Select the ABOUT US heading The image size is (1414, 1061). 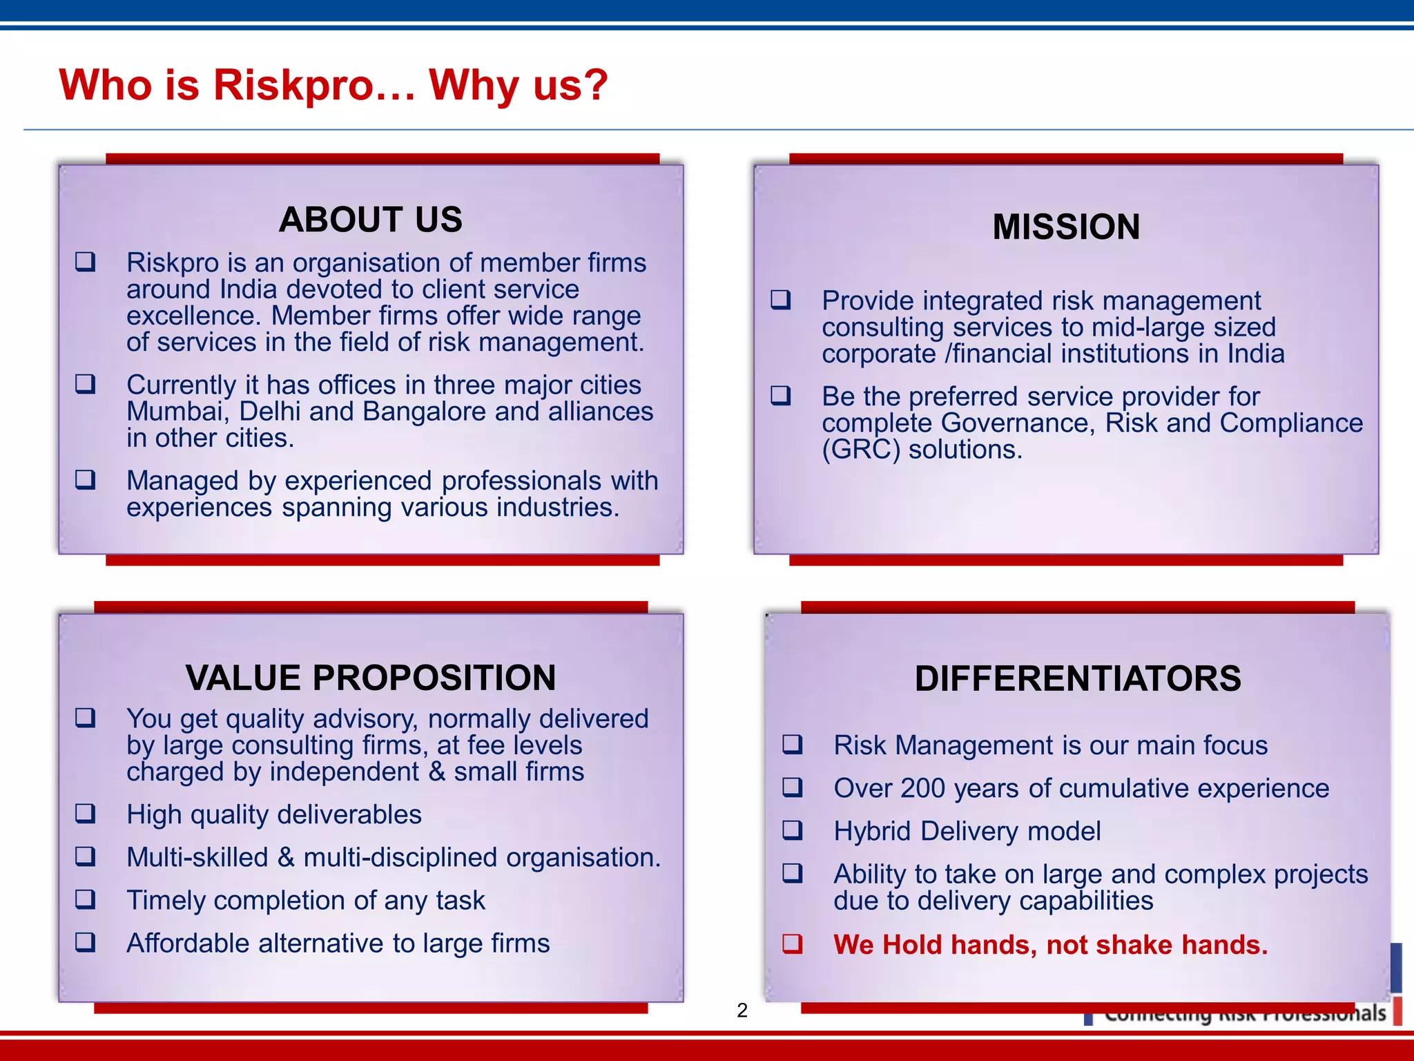371,220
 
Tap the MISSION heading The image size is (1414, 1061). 1066,227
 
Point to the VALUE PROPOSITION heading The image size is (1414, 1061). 371,678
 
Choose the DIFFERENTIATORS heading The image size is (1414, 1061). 1078,678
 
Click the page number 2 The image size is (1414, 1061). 742,1011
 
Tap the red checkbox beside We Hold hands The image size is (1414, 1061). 793,944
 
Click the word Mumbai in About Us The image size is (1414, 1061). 175,412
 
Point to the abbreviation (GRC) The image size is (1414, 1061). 861,450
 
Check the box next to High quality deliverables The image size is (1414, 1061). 86,814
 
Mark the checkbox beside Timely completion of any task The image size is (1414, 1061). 86,899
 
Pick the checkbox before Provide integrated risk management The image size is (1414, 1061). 781,300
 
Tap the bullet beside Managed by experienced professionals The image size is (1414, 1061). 86,479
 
